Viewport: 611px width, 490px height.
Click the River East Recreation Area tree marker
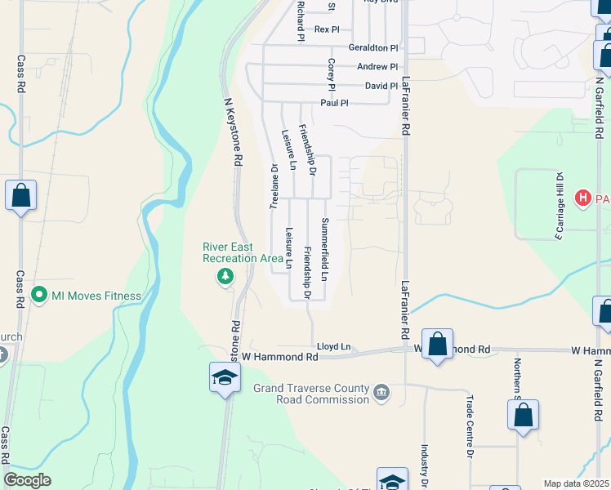click(225, 277)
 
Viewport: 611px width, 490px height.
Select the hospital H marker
click(583, 198)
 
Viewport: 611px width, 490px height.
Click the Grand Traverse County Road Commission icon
click(381, 394)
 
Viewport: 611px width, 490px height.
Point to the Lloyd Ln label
click(333, 346)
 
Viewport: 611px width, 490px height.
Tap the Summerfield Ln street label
click(324, 249)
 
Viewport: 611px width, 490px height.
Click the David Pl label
click(381, 86)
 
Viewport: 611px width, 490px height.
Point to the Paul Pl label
click(334, 103)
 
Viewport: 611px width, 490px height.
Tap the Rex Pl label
click(326, 29)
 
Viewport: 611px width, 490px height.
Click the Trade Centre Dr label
click(470, 425)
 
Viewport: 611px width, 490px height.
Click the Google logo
click(28, 480)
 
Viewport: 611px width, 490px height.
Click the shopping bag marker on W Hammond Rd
click(438, 343)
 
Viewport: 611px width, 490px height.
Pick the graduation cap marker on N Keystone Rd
click(225, 377)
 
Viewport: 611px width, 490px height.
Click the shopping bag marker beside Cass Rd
click(21, 196)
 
